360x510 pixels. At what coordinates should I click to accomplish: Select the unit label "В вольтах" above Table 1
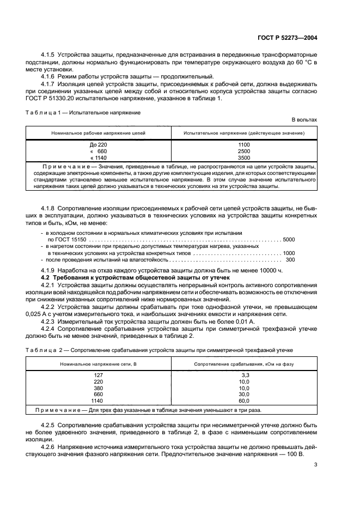click(x=304, y=119)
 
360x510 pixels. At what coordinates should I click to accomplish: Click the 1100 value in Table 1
click(x=244, y=144)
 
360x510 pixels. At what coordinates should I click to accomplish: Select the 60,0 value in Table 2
click(x=244, y=400)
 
